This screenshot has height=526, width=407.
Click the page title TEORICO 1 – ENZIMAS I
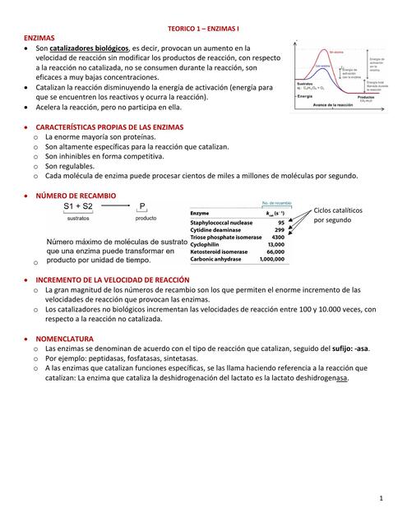(203, 27)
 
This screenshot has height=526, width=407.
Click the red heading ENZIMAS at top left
(40, 38)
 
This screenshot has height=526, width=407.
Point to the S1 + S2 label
(78, 207)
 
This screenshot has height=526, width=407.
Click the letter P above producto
(143, 207)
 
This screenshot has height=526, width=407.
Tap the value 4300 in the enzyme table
(278, 237)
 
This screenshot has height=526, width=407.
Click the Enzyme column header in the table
(201, 213)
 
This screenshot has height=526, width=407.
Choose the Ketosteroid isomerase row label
(219, 251)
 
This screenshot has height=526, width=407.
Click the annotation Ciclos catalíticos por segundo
(334, 215)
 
